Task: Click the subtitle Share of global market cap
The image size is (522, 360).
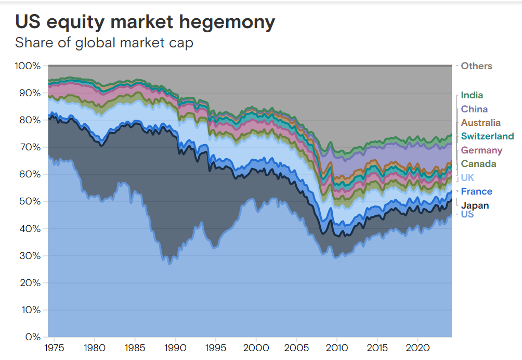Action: (x=104, y=43)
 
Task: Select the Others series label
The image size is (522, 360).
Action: (x=476, y=66)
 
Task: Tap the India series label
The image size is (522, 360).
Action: (x=472, y=95)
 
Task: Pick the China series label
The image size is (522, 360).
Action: (x=474, y=109)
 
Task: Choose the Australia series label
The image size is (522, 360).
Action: (x=480, y=123)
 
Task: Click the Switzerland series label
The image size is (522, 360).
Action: (x=487, y=136)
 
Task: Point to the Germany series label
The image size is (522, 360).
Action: (x=481, y=150)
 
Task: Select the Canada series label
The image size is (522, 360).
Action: (x=478, y=164)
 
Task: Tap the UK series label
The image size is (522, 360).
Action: (x=467, y=178)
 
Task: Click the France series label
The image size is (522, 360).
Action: (x=476, y=191)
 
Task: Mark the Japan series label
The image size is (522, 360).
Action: (x=475, y=205)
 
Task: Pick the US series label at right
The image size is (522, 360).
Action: (x=467, y=214)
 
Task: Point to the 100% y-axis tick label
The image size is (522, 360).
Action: (x=28, y=66)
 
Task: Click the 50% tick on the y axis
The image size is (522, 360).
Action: (x=30, y=201)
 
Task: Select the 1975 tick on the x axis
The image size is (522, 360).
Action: (x=53, y=347)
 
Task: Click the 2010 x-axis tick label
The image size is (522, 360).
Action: (x=336, y=347)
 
